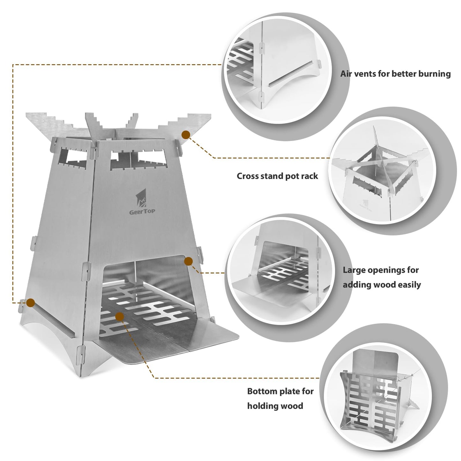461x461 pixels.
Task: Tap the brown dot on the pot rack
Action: [186, 135]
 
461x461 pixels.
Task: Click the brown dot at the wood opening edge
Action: [189, 262]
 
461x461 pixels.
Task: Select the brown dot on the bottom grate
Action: [120, 316]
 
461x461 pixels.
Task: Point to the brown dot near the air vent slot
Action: [30, 302]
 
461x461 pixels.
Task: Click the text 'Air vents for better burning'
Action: [395, 74]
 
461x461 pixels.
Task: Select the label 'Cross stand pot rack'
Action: [277, 176]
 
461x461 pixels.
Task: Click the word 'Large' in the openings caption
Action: [354, 270]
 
